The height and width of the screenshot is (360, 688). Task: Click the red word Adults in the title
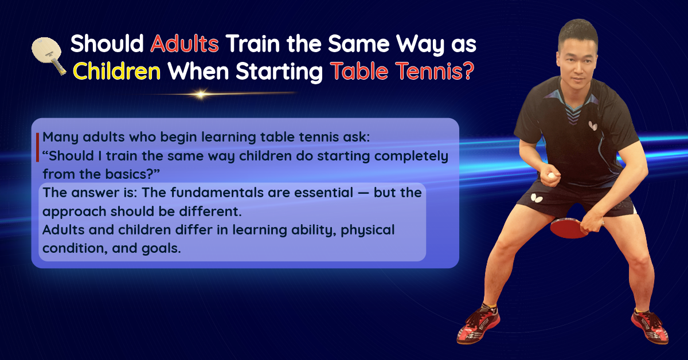tap(185, 44)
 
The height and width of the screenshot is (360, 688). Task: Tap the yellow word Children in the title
tap(117, 72)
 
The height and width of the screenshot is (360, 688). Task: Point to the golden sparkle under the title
tap(201, 95)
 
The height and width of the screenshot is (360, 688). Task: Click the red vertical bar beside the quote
tap(37, 147)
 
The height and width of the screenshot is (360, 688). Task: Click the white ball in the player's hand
tap(552, 176)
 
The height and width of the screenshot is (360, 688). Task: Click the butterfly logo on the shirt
tap(592, 126)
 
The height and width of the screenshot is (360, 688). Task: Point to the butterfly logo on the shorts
tap(536, 198)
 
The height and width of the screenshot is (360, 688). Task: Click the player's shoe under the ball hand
tap(478, 324)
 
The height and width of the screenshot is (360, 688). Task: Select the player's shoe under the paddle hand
tap(650, 326)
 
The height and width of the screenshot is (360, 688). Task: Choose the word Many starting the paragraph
tap(61, 138)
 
